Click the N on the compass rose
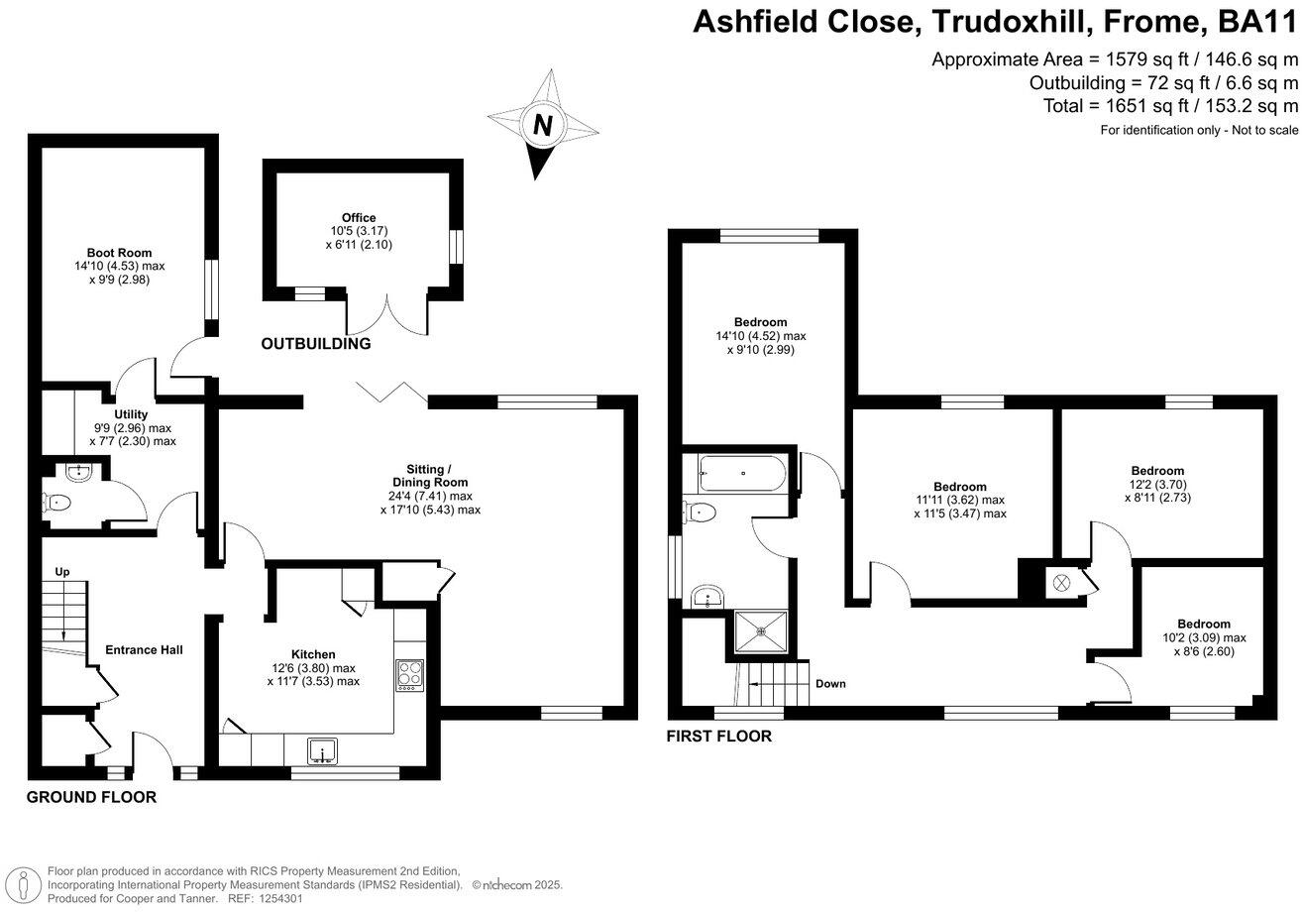(x=542, y=126)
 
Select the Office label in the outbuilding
(x=360, y=218)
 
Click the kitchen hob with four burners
(x=409, y=675)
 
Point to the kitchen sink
(x=323, y=752)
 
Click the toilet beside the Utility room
(x=59, y=503)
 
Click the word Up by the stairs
(x=61, y=572)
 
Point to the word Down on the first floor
(x=830, y=684)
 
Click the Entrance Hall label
(x=144, y=650)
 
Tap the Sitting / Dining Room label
(x=429, y=475)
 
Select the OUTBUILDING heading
(x=315, y=344)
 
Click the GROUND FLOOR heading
(x=91, y=797)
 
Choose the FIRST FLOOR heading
(x=718, y=737)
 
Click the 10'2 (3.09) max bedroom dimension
(x=1203, y=637)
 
